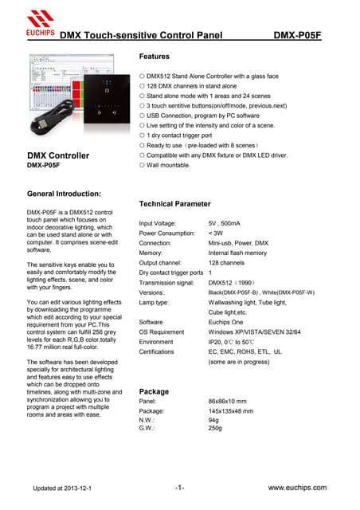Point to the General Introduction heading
[64, 194]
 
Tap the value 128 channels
[226, 263]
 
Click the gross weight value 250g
[215, 428]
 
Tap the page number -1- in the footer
[179, 486]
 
